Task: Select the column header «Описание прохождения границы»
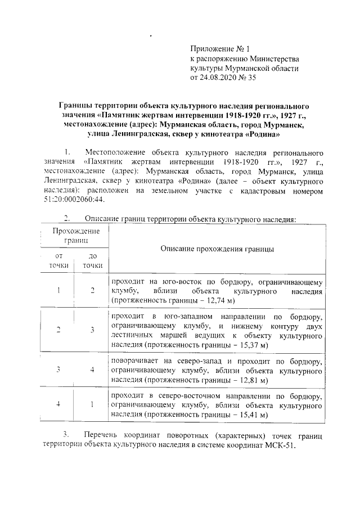217,248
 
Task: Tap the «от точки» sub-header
58,260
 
